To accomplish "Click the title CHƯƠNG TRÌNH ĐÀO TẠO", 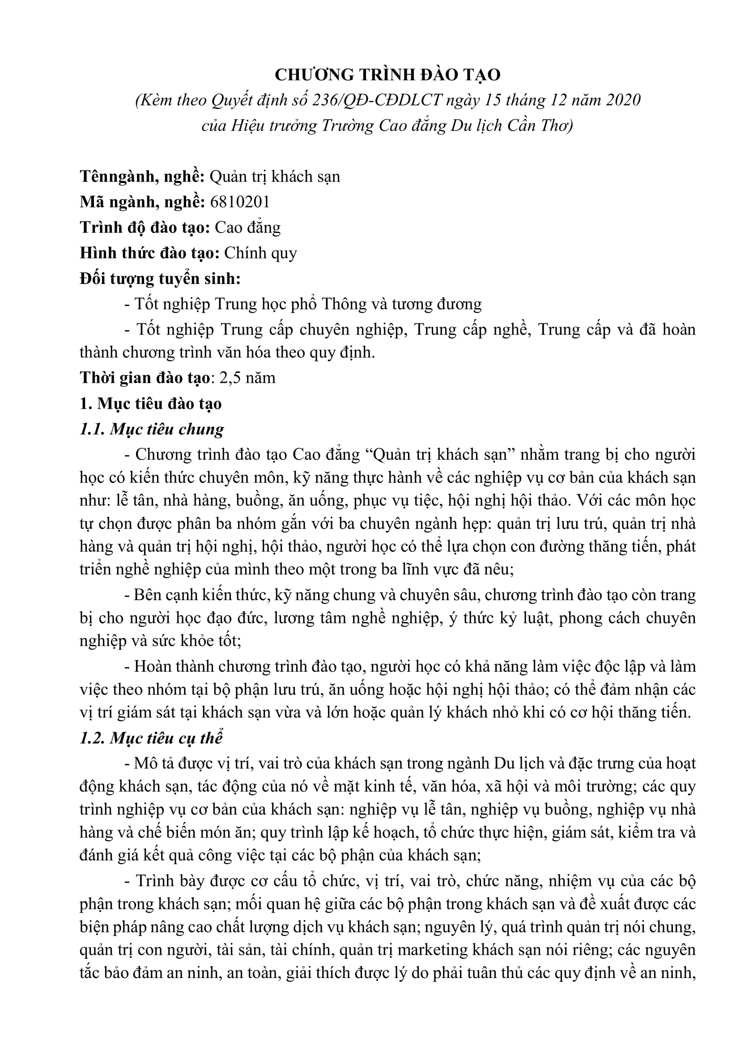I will [387, 75].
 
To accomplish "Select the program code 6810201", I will [240, 202].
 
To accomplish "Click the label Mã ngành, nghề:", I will [142, 202].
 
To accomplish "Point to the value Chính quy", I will [260, 253].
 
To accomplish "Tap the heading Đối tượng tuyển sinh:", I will [160, 278].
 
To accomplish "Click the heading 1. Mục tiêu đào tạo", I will [150, 404].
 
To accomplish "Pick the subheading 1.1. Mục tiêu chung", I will [152, 429].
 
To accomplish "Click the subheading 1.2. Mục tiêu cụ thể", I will [151, 738].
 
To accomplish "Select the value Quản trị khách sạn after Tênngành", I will [275, 176].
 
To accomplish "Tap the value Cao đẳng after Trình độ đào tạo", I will [247, 227].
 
